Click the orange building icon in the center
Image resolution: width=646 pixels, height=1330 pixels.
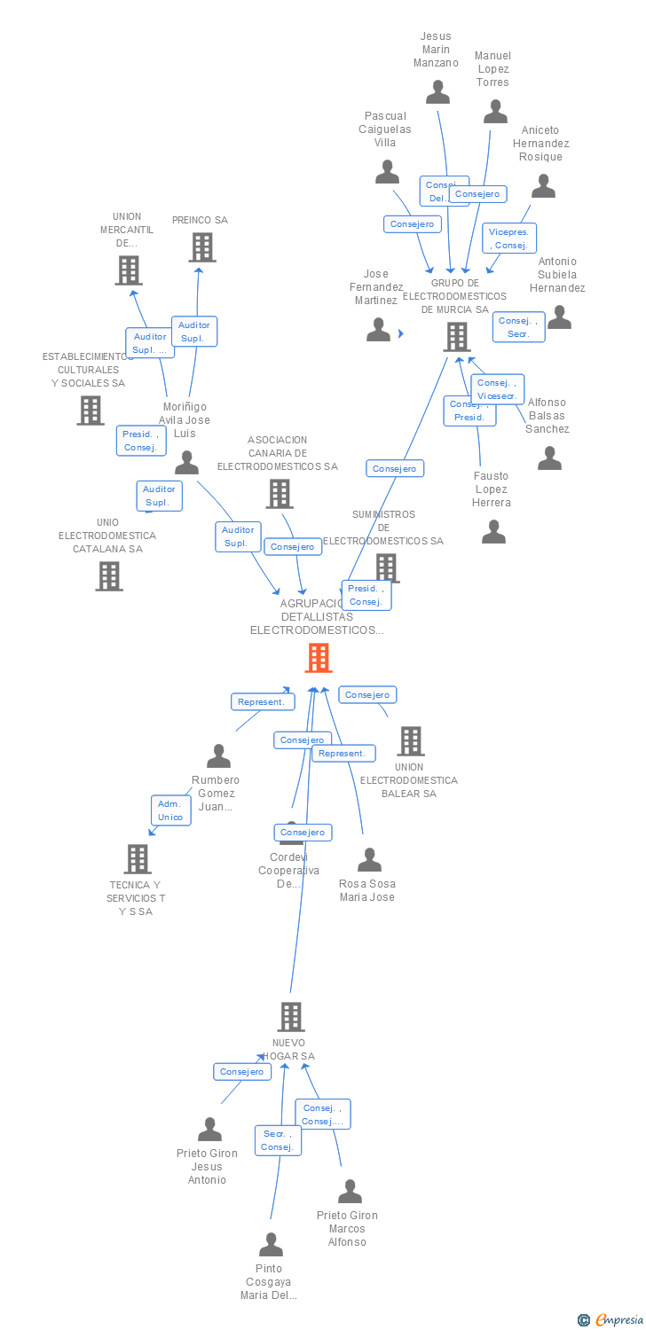click(x=319, y=658)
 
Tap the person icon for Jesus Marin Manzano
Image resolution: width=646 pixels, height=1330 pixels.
click(x=437, y=92)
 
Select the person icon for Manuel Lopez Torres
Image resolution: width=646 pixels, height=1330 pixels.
click(x=495, y=112)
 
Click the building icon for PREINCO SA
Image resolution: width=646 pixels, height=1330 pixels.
click(x=202, y=247)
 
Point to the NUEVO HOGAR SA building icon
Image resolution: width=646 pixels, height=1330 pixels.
click(x=291, y=1017)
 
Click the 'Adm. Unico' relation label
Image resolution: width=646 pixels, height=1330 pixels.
click(x=170, y=810)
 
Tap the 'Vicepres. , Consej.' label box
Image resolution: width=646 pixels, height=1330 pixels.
click(x=509, y=239)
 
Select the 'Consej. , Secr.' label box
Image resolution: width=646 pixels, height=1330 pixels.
click(x=518, y=327)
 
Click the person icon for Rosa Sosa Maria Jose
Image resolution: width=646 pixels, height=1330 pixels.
click(x=369, y=860)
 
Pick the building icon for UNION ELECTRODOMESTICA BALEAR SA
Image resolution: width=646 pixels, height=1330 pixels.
click(x=410, y=741)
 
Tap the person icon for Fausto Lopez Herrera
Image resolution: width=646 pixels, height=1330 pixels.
click(x=493, y=532)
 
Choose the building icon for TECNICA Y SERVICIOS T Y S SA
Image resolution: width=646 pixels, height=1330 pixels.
click(x=138, y=858)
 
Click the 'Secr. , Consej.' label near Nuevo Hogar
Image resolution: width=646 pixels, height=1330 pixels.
click(x=278, y=1140)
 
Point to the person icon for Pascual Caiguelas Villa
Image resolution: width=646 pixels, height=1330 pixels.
click(x=387, y=172)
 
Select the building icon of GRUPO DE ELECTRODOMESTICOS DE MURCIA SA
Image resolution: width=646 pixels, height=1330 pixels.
click(x=456, y=337)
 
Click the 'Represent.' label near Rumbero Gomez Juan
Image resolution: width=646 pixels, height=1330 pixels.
click(x=262, y=701)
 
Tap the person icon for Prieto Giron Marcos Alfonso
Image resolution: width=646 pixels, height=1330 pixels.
click(x=350, y=1192)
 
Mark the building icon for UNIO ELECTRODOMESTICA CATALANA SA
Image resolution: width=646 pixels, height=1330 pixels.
click(x=109, y=576)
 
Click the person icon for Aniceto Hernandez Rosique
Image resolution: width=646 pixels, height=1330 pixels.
click(x=543, y=186)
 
